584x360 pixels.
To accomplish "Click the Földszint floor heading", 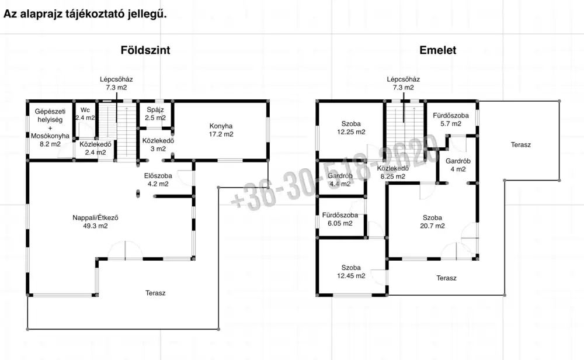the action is (x=145, y=50).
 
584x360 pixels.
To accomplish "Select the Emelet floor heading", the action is (x=437, y=50).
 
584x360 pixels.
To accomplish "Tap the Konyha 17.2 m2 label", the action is (x=221, y=130).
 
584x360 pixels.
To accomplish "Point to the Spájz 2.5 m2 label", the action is (x=155, y=113).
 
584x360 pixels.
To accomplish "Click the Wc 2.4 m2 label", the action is (x=85, y=113).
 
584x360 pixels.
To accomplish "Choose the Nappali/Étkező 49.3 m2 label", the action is (x=95, y=221).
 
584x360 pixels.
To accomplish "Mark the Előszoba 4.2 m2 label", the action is (x=158, y=179).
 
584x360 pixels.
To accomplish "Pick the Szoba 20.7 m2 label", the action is (x=432, y=221).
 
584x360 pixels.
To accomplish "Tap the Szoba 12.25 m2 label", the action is (x=351, y=127).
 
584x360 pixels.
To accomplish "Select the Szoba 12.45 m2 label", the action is (x=351, y=272).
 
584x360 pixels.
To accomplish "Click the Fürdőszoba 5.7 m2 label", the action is (x=451, y=119).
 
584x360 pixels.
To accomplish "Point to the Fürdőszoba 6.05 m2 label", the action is (x=340, y=219).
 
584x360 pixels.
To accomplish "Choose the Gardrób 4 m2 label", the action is (x=458, y=165).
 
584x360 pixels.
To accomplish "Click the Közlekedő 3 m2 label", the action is (x=158, y=144).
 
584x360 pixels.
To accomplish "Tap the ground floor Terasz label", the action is (x=155, y=293).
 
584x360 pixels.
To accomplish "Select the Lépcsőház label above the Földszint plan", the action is (x=116, y=79).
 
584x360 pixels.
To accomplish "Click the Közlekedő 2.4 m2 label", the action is (x=95, y=148).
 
